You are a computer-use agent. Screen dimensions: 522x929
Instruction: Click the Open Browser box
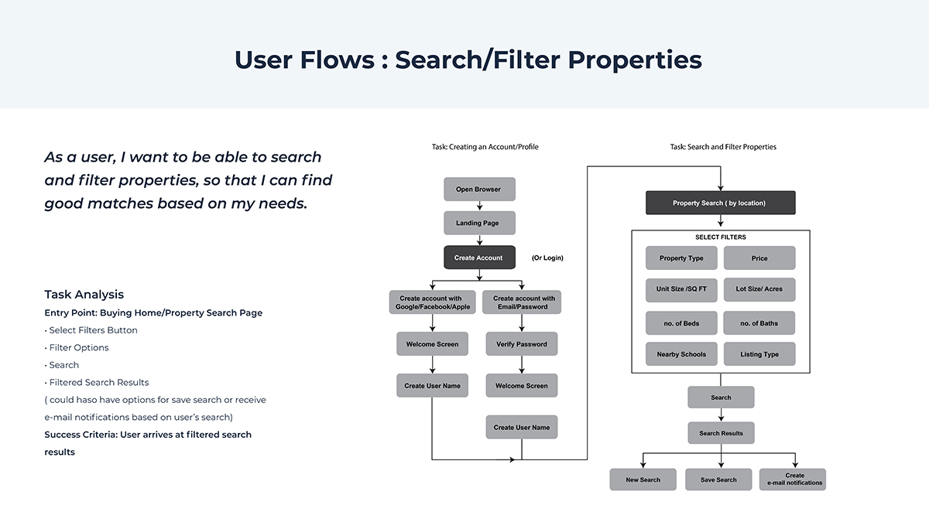pos(478,189)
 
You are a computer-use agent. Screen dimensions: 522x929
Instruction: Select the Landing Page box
pos(479,223)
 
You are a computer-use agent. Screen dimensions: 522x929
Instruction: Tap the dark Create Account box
pos(479,258)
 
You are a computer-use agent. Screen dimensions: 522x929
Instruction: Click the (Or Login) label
pos(547,258)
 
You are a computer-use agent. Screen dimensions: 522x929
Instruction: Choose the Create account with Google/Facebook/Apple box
pos(430,302)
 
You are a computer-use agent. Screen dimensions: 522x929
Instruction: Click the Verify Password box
pos(521,344)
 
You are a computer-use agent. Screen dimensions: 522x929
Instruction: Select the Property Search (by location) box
pos(720,203)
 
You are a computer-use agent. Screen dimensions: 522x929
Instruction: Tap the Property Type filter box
pos(681,258)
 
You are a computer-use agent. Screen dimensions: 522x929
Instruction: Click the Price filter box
pos(759,258)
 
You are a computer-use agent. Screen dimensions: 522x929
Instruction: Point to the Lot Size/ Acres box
pos(759,289)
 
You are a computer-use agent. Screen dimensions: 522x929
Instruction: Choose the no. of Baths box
pos(759,323)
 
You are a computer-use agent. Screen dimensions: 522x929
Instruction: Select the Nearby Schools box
pos(681,354)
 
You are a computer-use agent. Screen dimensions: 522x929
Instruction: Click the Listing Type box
pos(759,354)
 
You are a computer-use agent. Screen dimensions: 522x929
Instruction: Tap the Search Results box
pos(721,433)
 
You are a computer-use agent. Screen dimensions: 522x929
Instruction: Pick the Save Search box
pos(718,479)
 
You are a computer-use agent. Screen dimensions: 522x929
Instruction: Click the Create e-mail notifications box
pos(793,479)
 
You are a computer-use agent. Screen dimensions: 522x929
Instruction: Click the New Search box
pos(643,479)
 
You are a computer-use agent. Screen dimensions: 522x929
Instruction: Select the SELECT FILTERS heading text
pos(721,237)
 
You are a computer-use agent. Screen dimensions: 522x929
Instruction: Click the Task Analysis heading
pos(84,295)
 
